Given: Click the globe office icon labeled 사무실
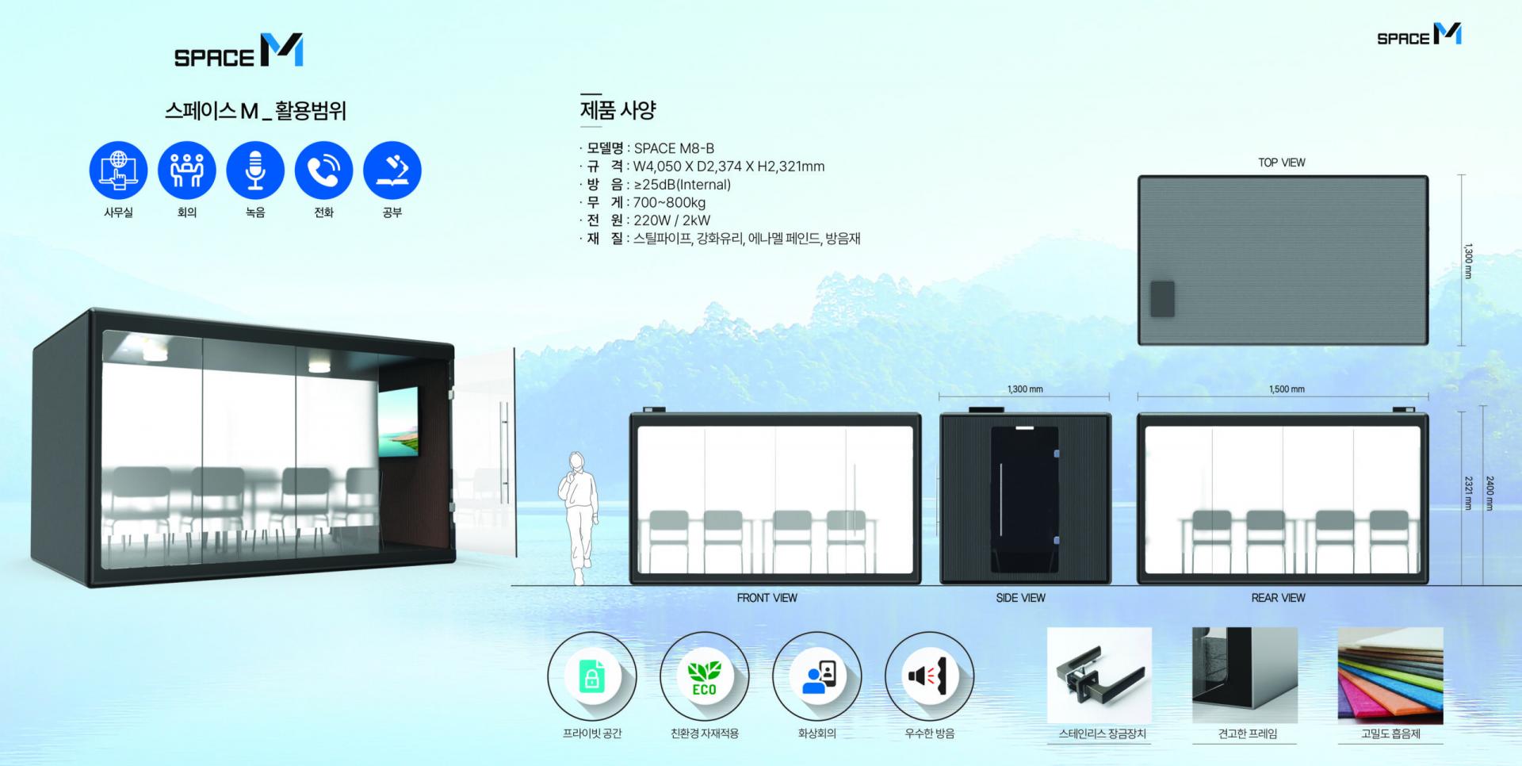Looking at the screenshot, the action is pyautogui.click(x=118, y=170).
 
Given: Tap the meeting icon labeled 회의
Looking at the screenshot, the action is pyautogui.click(x=186, y=170).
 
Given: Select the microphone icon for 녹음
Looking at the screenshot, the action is pyautogui.click(x=255, y=170).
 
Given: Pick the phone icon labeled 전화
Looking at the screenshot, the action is pyautogui.click(x=323, y=170).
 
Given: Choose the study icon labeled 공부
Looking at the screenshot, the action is pyautogui.click(x=392, y=170).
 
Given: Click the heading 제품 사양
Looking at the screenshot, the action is pyautogui.click(x=618, y=110).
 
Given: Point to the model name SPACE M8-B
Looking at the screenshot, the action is pyautogui.click(x=674, y=148).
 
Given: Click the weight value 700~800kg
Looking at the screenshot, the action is pyautogui.click(x=669, y=202).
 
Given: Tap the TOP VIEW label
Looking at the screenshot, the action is pyautogui.click(x=1281, y=163).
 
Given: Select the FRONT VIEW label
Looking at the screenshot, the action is pyautogui.click(x=767, y=598).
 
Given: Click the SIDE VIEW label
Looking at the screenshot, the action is pyautogui.click(x=1020, y=598).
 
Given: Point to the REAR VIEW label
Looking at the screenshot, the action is pyautogui.click(x=1278, y=598).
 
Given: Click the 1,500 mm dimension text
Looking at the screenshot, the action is pyautogui.click(x=1286, y=389).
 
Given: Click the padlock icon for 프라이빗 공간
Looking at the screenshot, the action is pyautogui.click(x=591, y=677).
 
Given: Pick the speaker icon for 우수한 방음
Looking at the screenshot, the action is pyautogui.click(x=929, y=676).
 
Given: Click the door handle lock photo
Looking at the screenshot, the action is pyautogui.click(x=1099, y=675).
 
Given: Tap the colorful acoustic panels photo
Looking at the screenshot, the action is pyautogui.click(x=1390, y=675).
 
